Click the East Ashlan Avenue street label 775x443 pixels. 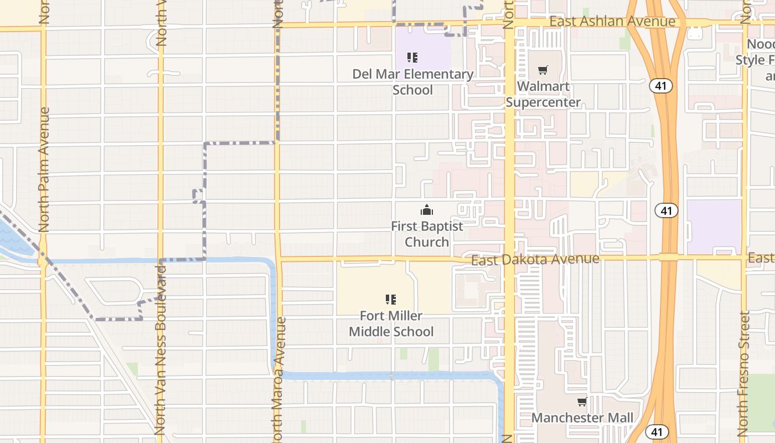click(613, 22)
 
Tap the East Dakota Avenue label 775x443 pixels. click(535, 259)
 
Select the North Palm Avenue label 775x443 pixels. click(44, 169)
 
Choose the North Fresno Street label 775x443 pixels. click(744, 373)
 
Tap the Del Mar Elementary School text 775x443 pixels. click(413, 82)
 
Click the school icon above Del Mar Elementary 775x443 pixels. click(412, 57)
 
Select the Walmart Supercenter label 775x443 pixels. click(543, 94)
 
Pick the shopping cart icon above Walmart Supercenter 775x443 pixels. click(543, 70)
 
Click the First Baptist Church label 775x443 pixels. click(427, 234)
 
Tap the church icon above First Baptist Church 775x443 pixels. click(426, 210)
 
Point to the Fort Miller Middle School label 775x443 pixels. click(391, 323)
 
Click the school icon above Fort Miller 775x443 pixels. click(391, 300)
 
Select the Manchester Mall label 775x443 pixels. click(582, 418)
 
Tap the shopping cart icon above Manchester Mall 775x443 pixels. click(582, 401)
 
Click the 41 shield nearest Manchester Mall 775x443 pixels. click(656, 431)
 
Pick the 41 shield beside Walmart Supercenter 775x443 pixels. click(662, 86)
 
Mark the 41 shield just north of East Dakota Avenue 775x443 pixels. click(666, 210)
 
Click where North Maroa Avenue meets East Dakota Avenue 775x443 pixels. click(278, 258)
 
